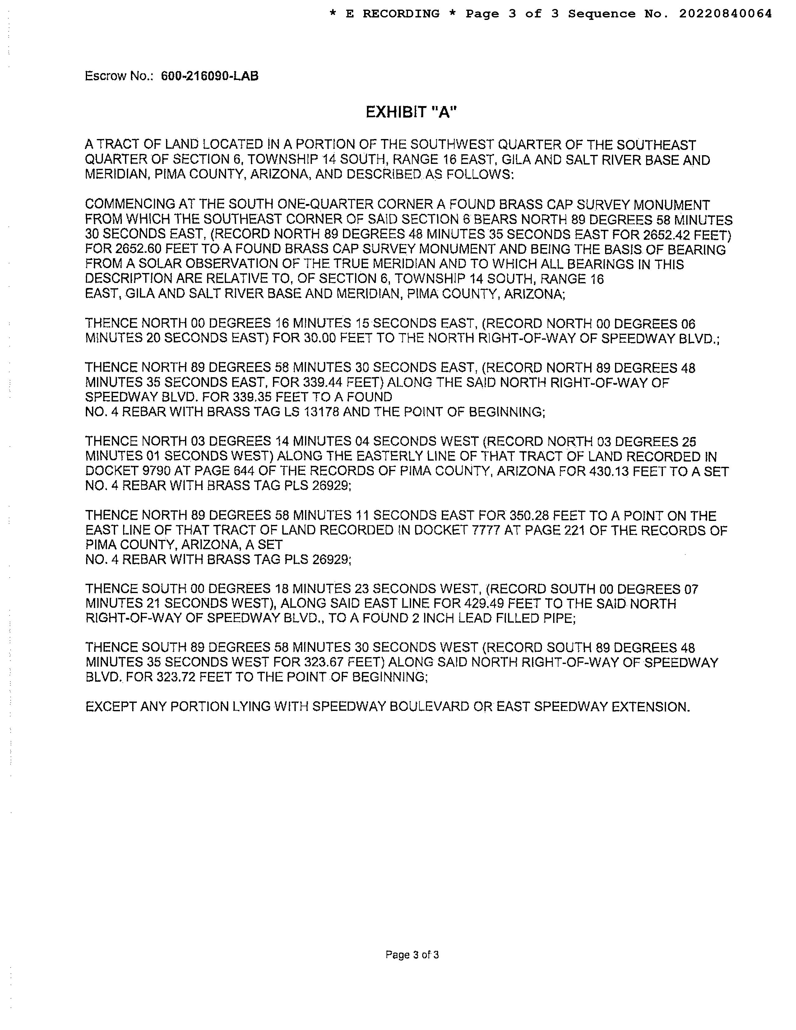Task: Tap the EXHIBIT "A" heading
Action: (x=411, y=112)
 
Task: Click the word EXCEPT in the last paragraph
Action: (x=111, y=707)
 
